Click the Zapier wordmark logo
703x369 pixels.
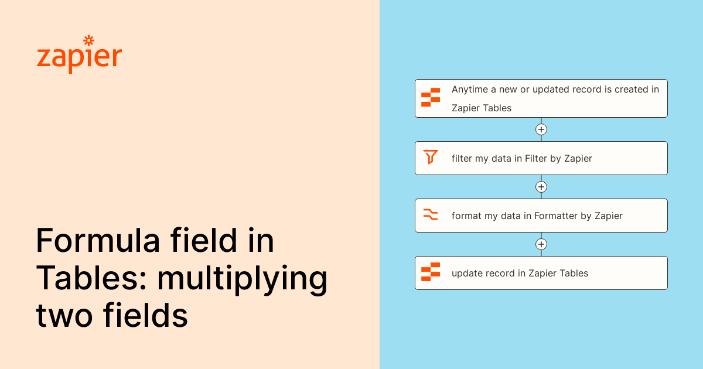pos(79,57)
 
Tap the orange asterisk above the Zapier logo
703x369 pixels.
pos(88,40)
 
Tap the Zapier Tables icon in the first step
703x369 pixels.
pos(431,98)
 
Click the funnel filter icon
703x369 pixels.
pos(431,158)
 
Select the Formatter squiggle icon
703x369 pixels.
pos(431,215)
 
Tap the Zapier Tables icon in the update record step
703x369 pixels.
pos(431,272)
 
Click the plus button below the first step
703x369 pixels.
pos(541,129)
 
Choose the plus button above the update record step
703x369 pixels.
pos(541,244)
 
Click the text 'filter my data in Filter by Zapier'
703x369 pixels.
pos(521,158)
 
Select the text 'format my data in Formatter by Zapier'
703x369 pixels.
pos(537,216)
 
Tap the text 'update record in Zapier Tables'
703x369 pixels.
pos(520,273)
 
